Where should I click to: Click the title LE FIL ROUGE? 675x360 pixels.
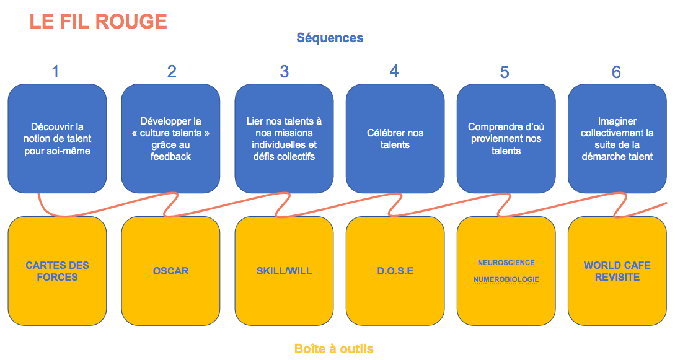click(98, 22)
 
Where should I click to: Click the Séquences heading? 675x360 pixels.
click(330, 38)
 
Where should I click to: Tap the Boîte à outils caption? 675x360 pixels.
click(333, 349)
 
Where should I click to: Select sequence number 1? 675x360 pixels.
click(55, 72)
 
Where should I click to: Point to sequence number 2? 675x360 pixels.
click(172, 72)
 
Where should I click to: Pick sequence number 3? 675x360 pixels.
click(284, 72)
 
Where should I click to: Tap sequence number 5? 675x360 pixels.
click(505, 72)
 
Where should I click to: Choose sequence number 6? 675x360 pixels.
click(616, 72)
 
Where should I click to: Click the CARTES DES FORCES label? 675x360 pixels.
click(57, 271)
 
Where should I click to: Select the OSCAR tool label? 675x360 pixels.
click(170, 271)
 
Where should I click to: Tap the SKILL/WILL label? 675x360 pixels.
click(284, 271)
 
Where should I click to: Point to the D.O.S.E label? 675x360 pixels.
click(395, 271)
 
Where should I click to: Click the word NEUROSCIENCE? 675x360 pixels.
click(506, 263)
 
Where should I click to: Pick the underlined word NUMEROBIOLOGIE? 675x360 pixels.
click(506, 279)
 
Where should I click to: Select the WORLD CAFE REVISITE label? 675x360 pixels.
click(617, 271)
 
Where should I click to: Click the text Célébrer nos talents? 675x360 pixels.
click(395, 139)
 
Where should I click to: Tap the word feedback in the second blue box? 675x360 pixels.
click(170, 157)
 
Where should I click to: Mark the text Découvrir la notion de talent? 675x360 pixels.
click(57, 133)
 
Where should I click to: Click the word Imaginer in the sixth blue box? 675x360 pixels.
click(617, 121)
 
